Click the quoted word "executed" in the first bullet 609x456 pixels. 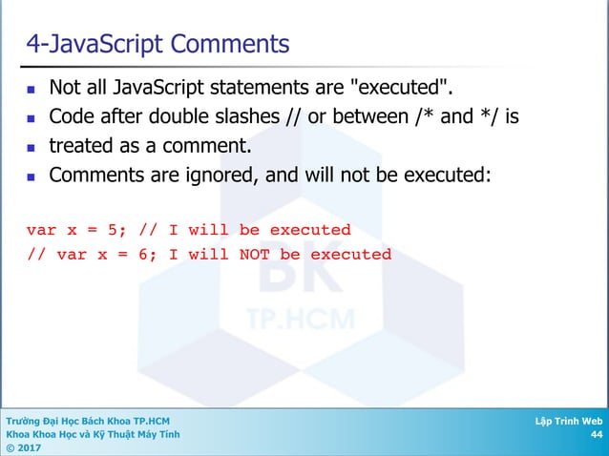(x=403, y=89)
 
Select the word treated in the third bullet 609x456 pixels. (x=81, y=147)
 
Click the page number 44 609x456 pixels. (x=596, y=434)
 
